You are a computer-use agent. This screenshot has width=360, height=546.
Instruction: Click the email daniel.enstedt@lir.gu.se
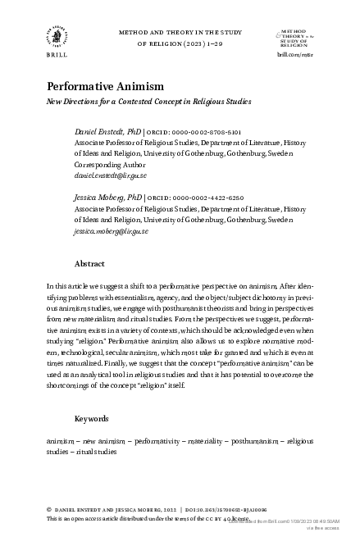pos(110,175)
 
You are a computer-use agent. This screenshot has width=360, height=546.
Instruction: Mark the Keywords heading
pos(92,418)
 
